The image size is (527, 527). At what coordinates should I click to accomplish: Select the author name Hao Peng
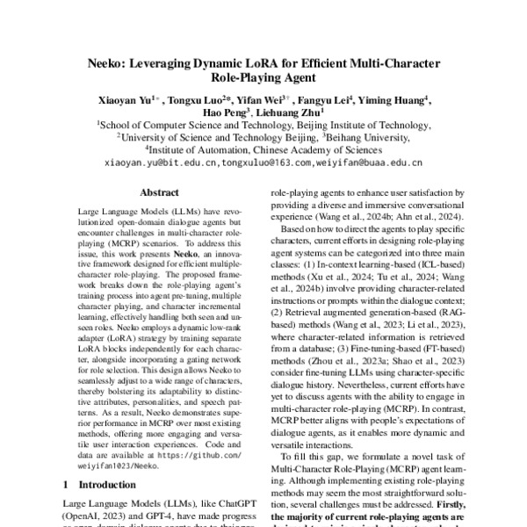click(x=222, y=113)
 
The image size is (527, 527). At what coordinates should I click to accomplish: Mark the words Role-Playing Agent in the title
click(x=264, y=78)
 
